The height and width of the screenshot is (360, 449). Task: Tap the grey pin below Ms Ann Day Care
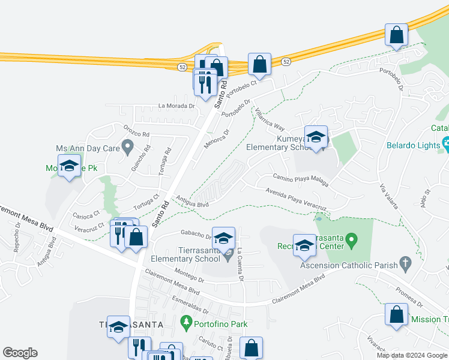[x=127, y=146]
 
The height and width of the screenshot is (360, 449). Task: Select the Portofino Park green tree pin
[x=186, y=323]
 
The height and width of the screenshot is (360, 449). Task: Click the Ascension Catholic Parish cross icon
[x=405, y=262]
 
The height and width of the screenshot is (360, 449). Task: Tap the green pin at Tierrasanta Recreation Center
[x=354, y=242]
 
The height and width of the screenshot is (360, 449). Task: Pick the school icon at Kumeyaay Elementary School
[x=316, y=137]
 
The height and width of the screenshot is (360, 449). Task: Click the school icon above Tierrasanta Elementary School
[x=223, y=238]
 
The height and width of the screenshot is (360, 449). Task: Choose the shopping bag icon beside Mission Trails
[x=396, y=314]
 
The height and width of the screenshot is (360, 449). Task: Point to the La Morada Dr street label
[x=177, y=106]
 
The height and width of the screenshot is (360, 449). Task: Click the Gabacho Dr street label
[x=196, y=235]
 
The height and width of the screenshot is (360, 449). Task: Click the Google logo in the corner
[x=20, y=353]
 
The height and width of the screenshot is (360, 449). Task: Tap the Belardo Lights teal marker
[x=447, y=143]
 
